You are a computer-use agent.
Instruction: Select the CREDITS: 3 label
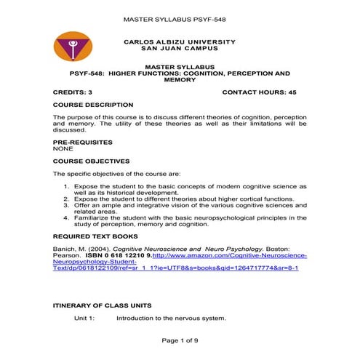click(73, 93)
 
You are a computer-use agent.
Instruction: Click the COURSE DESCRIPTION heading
click(92, 105)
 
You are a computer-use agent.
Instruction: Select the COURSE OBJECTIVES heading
click(91, 161)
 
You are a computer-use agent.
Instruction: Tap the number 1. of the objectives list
click(68, 186)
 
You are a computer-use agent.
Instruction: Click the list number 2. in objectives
click(68, 199)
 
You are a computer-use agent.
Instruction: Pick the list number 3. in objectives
click(68, 205)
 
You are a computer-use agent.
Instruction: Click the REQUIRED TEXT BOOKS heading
click(95, 236)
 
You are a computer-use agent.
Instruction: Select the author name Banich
click(66, 249)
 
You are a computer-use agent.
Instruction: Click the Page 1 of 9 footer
click(180, 340)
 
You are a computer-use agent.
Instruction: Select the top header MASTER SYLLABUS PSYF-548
click(180, 17)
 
